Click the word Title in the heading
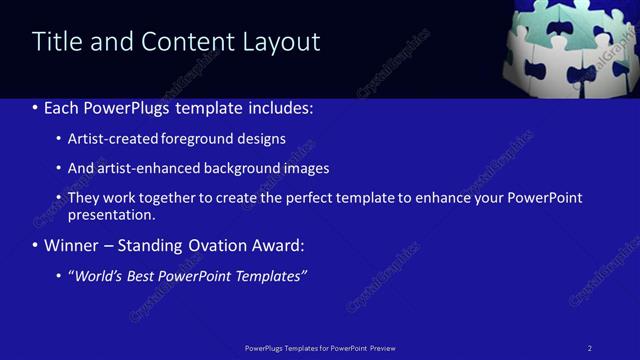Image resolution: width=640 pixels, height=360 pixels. [54, 42]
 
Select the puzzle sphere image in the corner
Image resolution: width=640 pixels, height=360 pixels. [570, 47]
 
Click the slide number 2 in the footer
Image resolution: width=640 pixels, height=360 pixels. [590, 348]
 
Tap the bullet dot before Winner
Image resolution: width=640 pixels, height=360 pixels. [36, 246]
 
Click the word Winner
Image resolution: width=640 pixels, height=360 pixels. [72, 246]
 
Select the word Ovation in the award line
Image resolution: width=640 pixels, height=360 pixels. [218, 246]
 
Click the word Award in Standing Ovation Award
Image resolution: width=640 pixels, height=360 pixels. [279, 246]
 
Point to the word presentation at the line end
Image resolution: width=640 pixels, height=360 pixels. [111, 215]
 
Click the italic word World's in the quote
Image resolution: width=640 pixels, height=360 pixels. [100, 276]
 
